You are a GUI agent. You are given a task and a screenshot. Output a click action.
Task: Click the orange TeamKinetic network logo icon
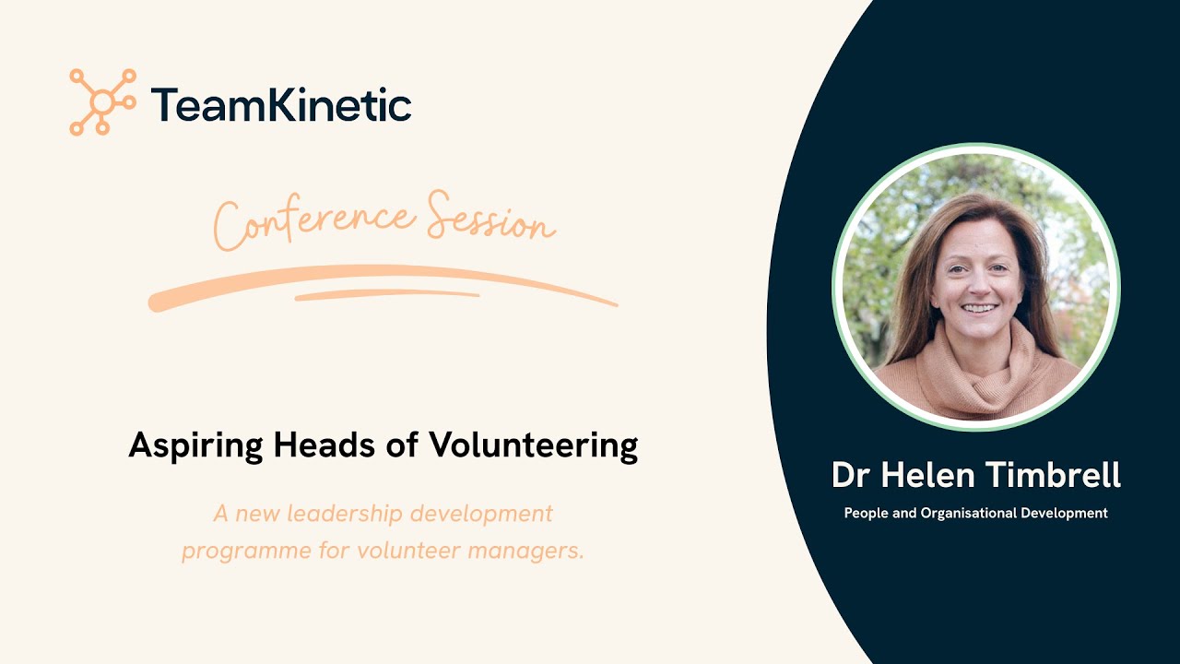click(102, 101)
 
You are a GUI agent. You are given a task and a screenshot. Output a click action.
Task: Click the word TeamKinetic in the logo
click(281, 104)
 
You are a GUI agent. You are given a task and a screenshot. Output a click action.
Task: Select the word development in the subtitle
click(486, 514)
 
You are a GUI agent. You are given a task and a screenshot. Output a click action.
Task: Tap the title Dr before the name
click(854, 475)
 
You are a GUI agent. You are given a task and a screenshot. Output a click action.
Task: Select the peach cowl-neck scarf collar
click(977, 373)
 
